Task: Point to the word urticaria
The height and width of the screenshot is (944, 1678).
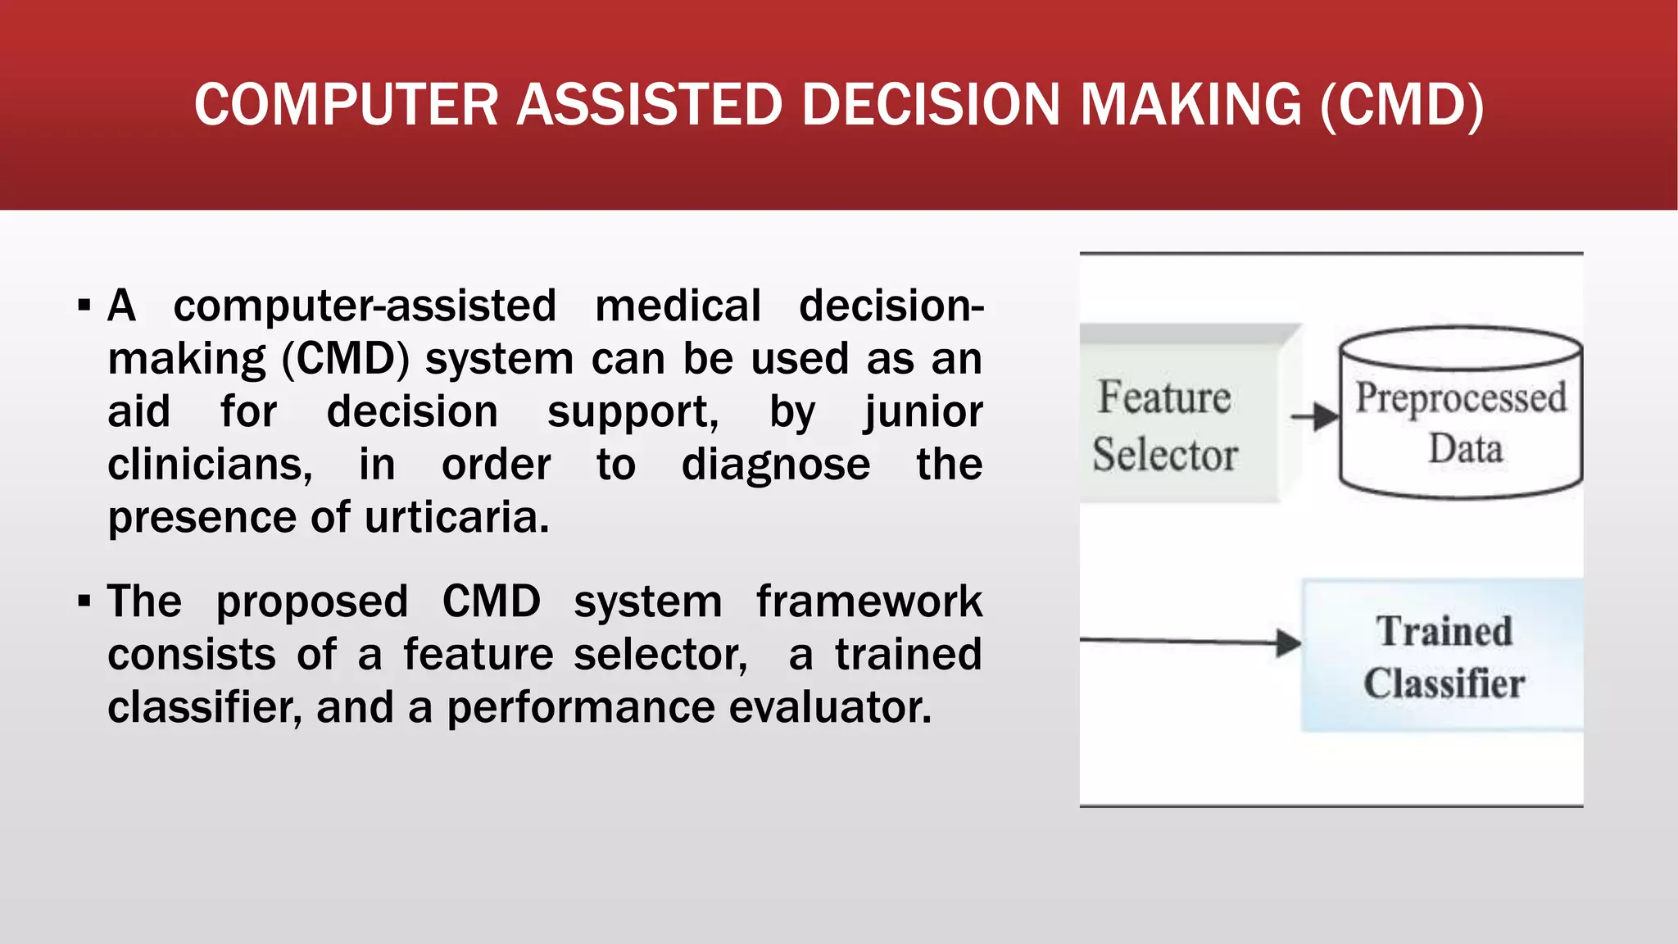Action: coord(456,517)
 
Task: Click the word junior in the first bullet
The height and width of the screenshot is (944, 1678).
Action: coord(923,411)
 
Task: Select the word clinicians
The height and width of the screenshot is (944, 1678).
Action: coord(210,465)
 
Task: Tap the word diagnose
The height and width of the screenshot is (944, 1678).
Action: coord(775,465)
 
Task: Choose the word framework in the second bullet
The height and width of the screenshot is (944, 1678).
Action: coord(868,601)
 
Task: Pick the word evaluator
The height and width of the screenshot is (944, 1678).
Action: coord(830,707)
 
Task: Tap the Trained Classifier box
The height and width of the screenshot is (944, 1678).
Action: coord(1442,656)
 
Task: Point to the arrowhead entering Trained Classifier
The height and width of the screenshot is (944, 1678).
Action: coord(1290,642)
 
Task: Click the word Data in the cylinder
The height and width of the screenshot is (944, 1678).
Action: coord(1465,449)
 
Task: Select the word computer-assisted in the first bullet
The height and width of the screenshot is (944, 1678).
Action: coord(365,306)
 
